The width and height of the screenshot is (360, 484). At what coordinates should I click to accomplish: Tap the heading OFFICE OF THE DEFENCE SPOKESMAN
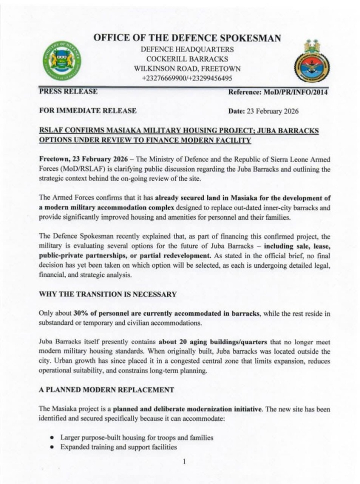pyautogui.click(x=187, y=38)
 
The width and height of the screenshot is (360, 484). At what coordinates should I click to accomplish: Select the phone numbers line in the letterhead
pyautogui.click(x=187, y=78)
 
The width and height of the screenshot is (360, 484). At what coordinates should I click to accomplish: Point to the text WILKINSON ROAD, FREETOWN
pyautogui.click(x=187, y=68)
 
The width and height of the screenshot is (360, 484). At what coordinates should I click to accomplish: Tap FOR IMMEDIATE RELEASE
pyautogui.click(x=87, y=111)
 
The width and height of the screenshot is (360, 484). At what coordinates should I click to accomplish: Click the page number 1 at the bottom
pyautogui.click(x=184, y=461)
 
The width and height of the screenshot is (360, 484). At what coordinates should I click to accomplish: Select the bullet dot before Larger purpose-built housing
pyautogui.click(x=52, y=437)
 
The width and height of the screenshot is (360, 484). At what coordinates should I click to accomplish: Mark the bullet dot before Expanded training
pyautogui.click(x=52, y=447)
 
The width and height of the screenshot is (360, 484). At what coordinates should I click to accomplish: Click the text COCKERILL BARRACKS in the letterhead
pyautogui.click(x=187, y=59)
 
